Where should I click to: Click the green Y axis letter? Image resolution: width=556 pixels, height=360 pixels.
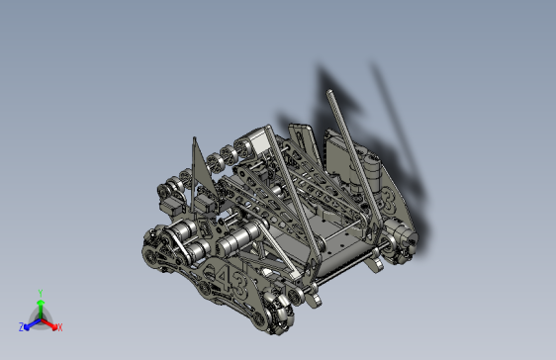click(40, 293)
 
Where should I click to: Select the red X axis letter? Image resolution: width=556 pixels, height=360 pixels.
click(59, 327)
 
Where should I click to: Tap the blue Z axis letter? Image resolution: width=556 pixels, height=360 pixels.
click(22, 327)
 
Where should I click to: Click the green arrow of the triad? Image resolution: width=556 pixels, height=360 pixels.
click(40, 306)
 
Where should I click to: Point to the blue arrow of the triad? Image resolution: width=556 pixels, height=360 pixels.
click(31, 322)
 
